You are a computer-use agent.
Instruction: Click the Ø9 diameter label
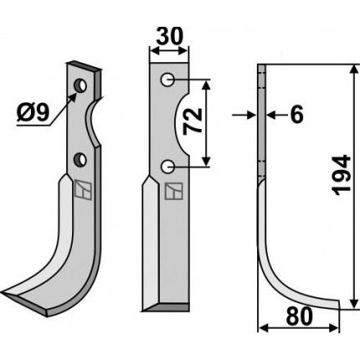click(33, 113)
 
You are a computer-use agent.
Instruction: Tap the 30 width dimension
click(170, 36)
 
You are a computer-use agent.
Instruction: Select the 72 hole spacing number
click(193, 121)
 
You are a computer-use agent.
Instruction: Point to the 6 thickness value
click(296, 115)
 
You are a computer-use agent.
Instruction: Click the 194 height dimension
click(341, 175)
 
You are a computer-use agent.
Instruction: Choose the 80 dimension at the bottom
click(300, 316)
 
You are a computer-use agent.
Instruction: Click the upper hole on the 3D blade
click(80, 85)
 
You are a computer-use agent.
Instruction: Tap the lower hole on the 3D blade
click(80, 159)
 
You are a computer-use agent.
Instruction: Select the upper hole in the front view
click(167, 80)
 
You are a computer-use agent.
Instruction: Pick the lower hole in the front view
click(167, 167)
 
